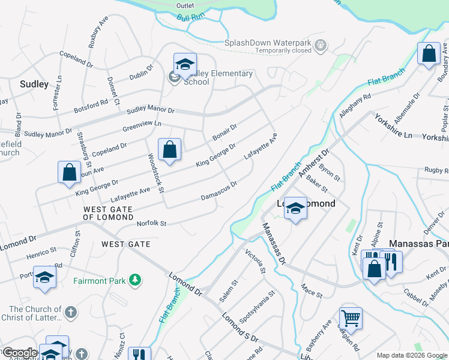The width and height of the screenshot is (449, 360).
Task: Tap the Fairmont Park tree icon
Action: click(136, 280)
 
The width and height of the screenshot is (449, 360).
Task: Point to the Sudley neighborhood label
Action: click(34, 85)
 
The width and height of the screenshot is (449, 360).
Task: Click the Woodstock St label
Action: click(155, 173)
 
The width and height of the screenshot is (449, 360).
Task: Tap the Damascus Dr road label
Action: click(219, 190)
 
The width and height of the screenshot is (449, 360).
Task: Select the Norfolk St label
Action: click(151, 223)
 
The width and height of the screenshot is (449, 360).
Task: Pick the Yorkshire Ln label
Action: click(393, 127)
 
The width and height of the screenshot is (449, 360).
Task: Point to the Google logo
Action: click(19, 353)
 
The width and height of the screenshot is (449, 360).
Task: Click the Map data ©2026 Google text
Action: click(412, 355)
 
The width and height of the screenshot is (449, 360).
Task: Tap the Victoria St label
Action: click(256, 262)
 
